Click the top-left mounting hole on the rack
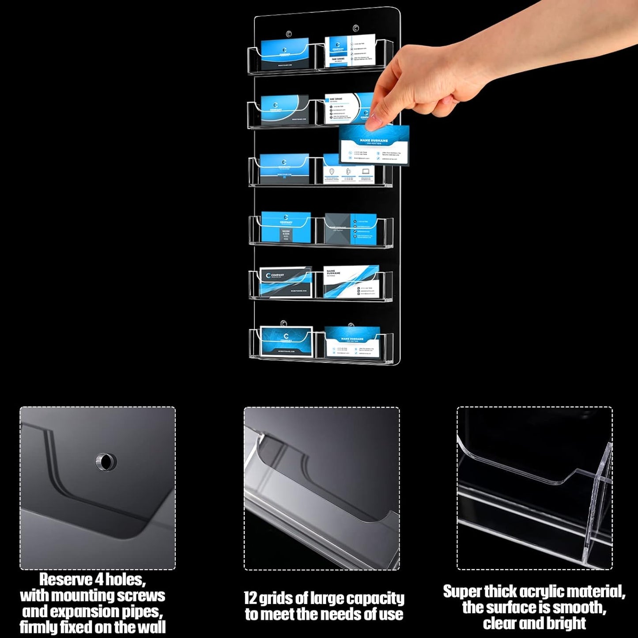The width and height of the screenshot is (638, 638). coord(289,34)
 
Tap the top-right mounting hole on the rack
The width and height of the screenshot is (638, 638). coord(355,29)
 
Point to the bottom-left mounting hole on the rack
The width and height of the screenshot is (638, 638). coord(283,323)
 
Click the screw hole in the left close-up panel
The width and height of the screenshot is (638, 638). coord(106,462)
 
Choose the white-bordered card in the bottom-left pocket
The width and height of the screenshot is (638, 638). coord(286,341)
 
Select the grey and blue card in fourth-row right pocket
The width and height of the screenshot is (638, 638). coord(351,228)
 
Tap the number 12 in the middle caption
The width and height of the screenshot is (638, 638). coord(250,598)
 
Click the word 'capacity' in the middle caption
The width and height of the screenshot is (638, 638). coord(379,598)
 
